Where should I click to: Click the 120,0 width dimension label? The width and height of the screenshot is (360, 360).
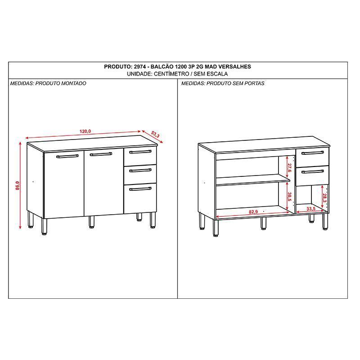[85, 131]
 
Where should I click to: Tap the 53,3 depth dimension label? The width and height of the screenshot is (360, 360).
[155, 135]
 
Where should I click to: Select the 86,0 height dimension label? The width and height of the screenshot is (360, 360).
[18, 185]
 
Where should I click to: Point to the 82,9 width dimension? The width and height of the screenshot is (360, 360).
[253, 211]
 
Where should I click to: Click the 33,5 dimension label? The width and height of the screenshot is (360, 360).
[311, 209]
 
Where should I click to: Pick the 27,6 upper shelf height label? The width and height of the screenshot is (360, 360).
[289, 168]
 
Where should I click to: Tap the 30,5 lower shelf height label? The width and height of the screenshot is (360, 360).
[289, 197]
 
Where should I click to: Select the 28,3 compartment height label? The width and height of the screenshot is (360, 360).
[324, 198]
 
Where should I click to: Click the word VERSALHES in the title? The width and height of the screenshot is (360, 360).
[234, 67]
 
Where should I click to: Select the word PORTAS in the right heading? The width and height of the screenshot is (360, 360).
[254, 83]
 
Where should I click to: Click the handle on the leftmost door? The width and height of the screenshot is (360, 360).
[67, 156]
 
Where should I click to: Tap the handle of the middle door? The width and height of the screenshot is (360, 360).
[101, 154]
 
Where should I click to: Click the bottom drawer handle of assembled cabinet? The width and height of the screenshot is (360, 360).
[140, 189]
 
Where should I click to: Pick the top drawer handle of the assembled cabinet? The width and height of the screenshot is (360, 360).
[140, 152]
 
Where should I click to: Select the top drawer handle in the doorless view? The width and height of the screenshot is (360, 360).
[313, 153]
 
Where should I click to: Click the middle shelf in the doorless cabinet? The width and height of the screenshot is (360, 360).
[253, 180]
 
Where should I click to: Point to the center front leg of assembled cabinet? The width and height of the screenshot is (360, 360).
[92, 222]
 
